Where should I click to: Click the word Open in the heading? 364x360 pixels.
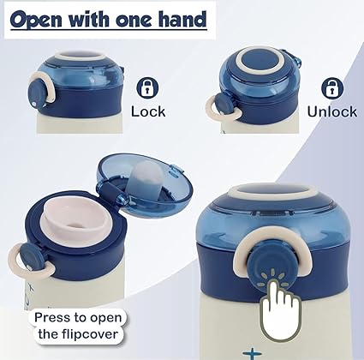point(36,20)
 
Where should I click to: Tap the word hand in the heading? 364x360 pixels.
point(182,19)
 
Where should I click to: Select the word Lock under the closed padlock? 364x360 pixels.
point(148,111)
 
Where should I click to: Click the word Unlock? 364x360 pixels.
point(332,111)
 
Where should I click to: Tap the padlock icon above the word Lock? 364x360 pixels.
point(147,87)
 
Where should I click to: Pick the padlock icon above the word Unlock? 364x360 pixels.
point(332,87)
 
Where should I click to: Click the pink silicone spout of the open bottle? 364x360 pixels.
point(76,220)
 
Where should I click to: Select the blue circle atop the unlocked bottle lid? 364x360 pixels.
point(260,61)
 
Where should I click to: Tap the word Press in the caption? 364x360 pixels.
point(53,317)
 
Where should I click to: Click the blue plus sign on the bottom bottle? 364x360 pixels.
point(252,353)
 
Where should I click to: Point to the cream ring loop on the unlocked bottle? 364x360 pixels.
point(224,109)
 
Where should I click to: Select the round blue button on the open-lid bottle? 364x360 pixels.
point(32,257)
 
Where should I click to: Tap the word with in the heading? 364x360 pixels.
point(88,19)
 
